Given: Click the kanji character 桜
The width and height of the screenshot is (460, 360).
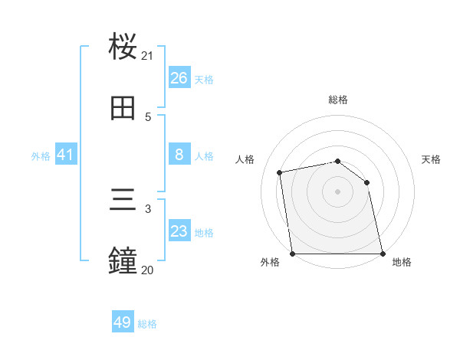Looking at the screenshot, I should point(123,47).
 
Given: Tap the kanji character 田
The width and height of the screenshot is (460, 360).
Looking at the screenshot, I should point(123,110).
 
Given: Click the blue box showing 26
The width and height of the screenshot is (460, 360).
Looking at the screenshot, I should point(179,78).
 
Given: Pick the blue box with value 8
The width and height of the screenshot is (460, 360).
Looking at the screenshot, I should point(179,155).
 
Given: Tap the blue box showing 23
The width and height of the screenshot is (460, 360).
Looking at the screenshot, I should point(179,232).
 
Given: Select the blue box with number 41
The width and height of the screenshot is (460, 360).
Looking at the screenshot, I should point(66,155).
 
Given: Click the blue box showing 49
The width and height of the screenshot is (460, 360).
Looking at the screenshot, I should point(123,323).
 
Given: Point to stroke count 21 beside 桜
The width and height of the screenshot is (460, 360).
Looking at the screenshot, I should point(147,55).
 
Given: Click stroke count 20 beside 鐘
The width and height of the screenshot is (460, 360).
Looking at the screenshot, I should point(147,270).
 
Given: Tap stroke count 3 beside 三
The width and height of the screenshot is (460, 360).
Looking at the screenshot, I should point(148,208).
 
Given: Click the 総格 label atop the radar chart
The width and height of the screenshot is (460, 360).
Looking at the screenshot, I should point(338,100).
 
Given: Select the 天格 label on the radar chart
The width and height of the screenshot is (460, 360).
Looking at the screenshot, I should point(431,159).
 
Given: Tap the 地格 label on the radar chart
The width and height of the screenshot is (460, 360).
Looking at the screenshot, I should point(402,262).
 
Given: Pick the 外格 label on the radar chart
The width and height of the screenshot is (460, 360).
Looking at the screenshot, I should point(270,262).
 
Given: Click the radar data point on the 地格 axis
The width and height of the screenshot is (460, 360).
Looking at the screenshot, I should point(382,253).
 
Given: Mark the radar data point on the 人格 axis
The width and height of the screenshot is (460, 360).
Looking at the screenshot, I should point(280,172).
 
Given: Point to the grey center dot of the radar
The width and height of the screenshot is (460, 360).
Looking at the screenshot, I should point(337,191).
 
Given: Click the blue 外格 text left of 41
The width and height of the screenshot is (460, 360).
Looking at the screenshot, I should point(41,156).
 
